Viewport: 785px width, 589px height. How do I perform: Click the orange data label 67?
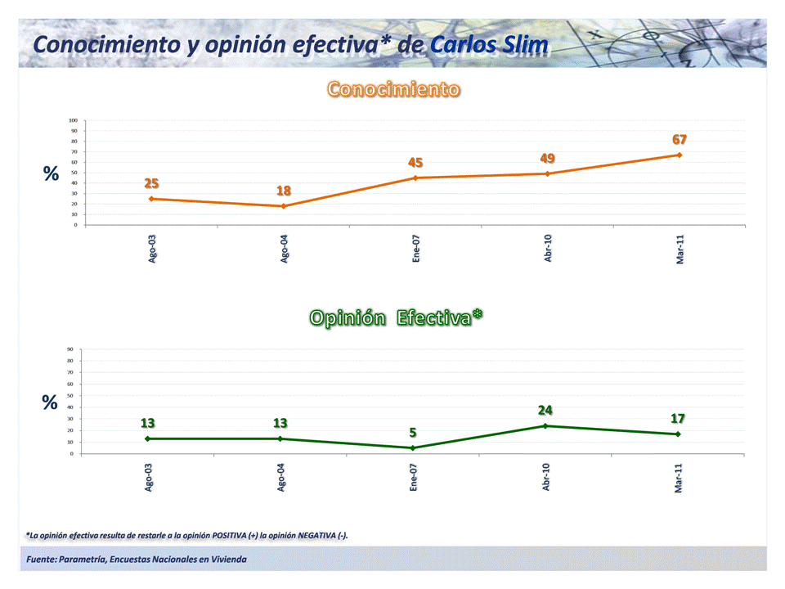680,140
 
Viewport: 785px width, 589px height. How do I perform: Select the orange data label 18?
284,191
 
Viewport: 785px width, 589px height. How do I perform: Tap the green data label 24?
545,410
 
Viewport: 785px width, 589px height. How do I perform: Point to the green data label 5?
413,433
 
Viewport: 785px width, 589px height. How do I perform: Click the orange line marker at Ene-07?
415,178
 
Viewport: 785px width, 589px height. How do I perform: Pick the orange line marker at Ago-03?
151,199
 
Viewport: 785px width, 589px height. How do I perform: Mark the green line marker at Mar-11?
678,434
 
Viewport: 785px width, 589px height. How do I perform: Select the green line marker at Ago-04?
280,438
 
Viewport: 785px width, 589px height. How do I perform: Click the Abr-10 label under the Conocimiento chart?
548,247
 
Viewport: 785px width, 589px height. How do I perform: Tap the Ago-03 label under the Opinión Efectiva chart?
149,476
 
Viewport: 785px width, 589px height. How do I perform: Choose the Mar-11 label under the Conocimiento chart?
680,247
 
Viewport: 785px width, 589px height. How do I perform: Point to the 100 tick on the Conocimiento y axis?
73,121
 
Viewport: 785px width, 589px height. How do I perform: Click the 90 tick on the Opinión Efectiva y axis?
71,349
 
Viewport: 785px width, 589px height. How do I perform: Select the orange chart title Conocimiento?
393,89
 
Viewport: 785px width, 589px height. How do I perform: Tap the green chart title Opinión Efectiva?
396,318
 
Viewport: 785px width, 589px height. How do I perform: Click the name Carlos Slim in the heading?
489,44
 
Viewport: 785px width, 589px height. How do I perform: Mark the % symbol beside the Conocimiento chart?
51,173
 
